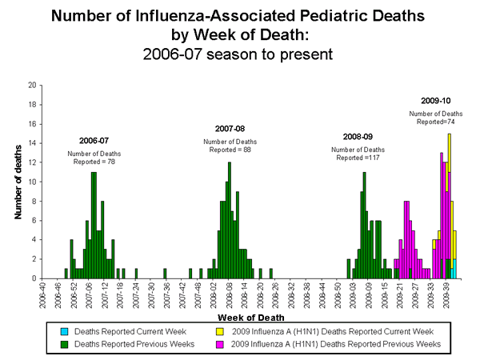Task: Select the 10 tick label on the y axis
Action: coord(30,182)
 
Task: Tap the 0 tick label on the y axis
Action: coord(32,278)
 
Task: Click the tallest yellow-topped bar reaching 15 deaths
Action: coord(449,200)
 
